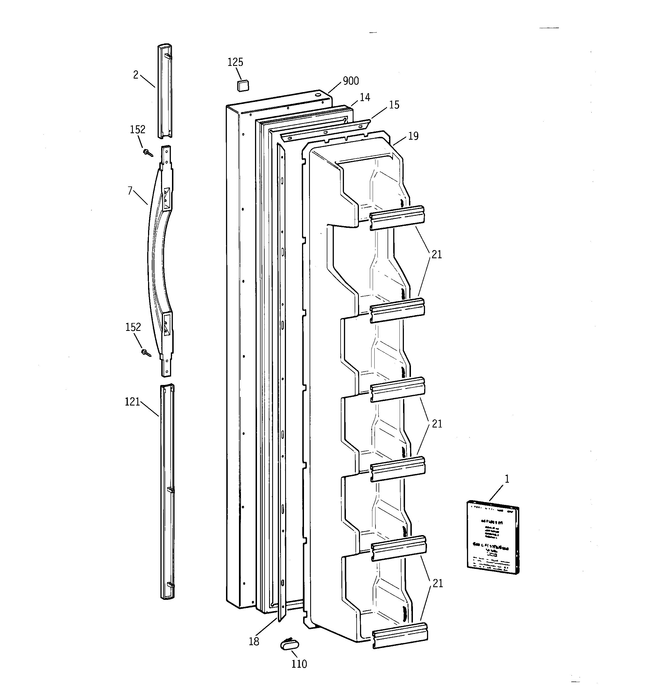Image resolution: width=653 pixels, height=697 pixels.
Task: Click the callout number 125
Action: pyautogui.click(x=235, y=63)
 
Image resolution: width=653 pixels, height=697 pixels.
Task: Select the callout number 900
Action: pyautogui.click(x=350, y=81)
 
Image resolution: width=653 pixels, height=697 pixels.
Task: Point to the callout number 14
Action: pyautogui.click(x=364, y=97)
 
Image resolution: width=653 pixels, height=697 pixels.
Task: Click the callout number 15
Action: pyautogui.click(x=394, y=105)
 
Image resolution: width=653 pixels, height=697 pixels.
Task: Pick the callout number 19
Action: pyautogui.click(x=413, y=136)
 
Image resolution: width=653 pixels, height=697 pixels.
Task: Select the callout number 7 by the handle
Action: pyautogui.click(x=130, y=191)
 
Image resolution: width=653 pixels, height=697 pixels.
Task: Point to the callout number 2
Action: pyautogui.click(x=136, y=75)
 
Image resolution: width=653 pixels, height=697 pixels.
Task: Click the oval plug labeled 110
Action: pyautogui.click(x=290, y=644)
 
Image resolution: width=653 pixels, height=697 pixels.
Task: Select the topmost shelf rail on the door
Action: pyautogui.click(x=397, y=218)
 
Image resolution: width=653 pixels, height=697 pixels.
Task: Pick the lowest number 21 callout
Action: pyautogui.click(x=438, y=584)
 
